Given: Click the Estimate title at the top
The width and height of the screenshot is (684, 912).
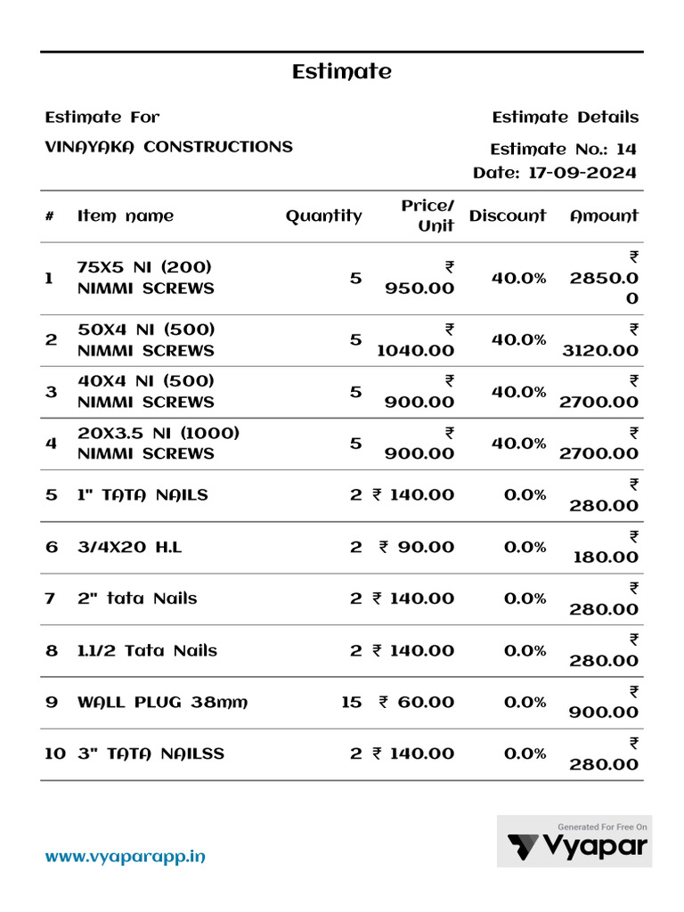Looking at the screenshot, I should click(x=341, y=72).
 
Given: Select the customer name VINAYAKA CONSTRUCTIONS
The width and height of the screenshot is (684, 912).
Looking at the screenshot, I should click(x=168, y=147).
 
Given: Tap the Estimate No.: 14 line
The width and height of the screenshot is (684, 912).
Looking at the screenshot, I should click(x=563, y=149).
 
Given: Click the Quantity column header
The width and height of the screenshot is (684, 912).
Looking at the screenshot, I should click(x=323, y=216).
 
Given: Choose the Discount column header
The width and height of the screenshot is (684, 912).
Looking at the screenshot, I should click(x=507, y=216).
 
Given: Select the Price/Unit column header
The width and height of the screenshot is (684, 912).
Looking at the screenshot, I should click(x=427, y=216).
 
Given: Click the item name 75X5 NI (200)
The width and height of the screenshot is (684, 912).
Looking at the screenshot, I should click(x=144, y=267).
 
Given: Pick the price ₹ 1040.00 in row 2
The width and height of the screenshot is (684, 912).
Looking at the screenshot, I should click(x=415, y=340).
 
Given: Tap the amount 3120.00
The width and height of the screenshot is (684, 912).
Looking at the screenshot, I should click(x=599, y=350).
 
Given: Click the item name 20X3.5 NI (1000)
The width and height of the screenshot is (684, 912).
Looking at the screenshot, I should click(x=159, y=433).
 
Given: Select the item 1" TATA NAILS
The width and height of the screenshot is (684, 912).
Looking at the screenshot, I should click(x=142, y=494).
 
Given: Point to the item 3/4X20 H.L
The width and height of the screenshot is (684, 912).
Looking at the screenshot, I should click(x=129, y=547).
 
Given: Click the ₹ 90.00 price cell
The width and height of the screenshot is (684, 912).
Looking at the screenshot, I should click(x=416, y=547).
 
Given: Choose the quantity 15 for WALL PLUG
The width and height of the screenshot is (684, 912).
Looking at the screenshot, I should click(x=351, y=703).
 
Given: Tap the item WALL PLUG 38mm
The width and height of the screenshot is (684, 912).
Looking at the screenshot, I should click(x=162, y=703).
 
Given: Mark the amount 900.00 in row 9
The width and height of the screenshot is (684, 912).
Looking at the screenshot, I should click(x=606, y=712).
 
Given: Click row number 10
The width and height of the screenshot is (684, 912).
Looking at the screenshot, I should click(x=54, y=753).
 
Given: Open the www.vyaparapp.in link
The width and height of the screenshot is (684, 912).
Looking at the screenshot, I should click(x=126, y=857).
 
